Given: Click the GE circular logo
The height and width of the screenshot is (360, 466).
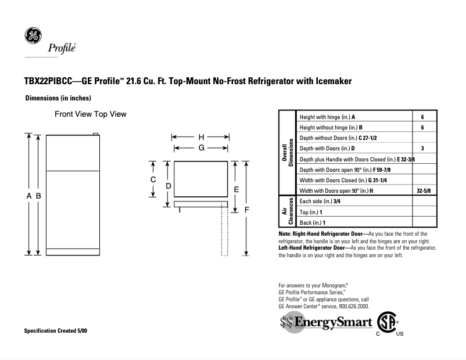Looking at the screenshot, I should (33, 35).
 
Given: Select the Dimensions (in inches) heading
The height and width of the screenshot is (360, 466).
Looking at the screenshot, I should (58, 98).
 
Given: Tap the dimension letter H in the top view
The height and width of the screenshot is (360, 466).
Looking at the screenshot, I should (202, 137).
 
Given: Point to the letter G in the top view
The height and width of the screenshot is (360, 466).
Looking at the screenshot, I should (202, 148).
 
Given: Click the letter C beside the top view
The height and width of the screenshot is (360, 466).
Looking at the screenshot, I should (153, 179).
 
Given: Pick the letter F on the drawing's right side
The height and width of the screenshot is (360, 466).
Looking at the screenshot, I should (247, 209).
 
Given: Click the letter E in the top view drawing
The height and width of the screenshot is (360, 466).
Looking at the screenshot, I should (236, 189).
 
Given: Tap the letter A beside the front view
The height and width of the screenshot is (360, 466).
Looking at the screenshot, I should (28, 196).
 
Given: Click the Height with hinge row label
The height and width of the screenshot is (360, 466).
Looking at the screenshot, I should (327, 117).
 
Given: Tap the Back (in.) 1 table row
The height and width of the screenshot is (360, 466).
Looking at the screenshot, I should (312, 222).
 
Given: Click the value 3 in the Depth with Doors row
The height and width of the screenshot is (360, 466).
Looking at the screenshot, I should (422, 149).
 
